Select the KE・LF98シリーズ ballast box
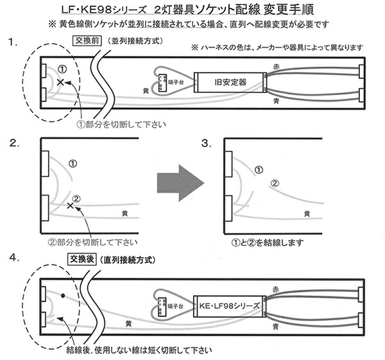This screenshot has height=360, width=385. point(230,306)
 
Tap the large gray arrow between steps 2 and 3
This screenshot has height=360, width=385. point(180,183)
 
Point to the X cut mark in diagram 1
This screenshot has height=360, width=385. point(60,83)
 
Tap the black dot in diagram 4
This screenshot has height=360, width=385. point(63,296)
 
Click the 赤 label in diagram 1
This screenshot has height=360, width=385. point(277,66)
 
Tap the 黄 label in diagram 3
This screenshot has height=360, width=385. point(308,213)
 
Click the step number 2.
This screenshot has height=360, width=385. point(13,143)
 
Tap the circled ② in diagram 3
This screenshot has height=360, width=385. point(274,184)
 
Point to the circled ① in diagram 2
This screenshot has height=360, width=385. point(72,164)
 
